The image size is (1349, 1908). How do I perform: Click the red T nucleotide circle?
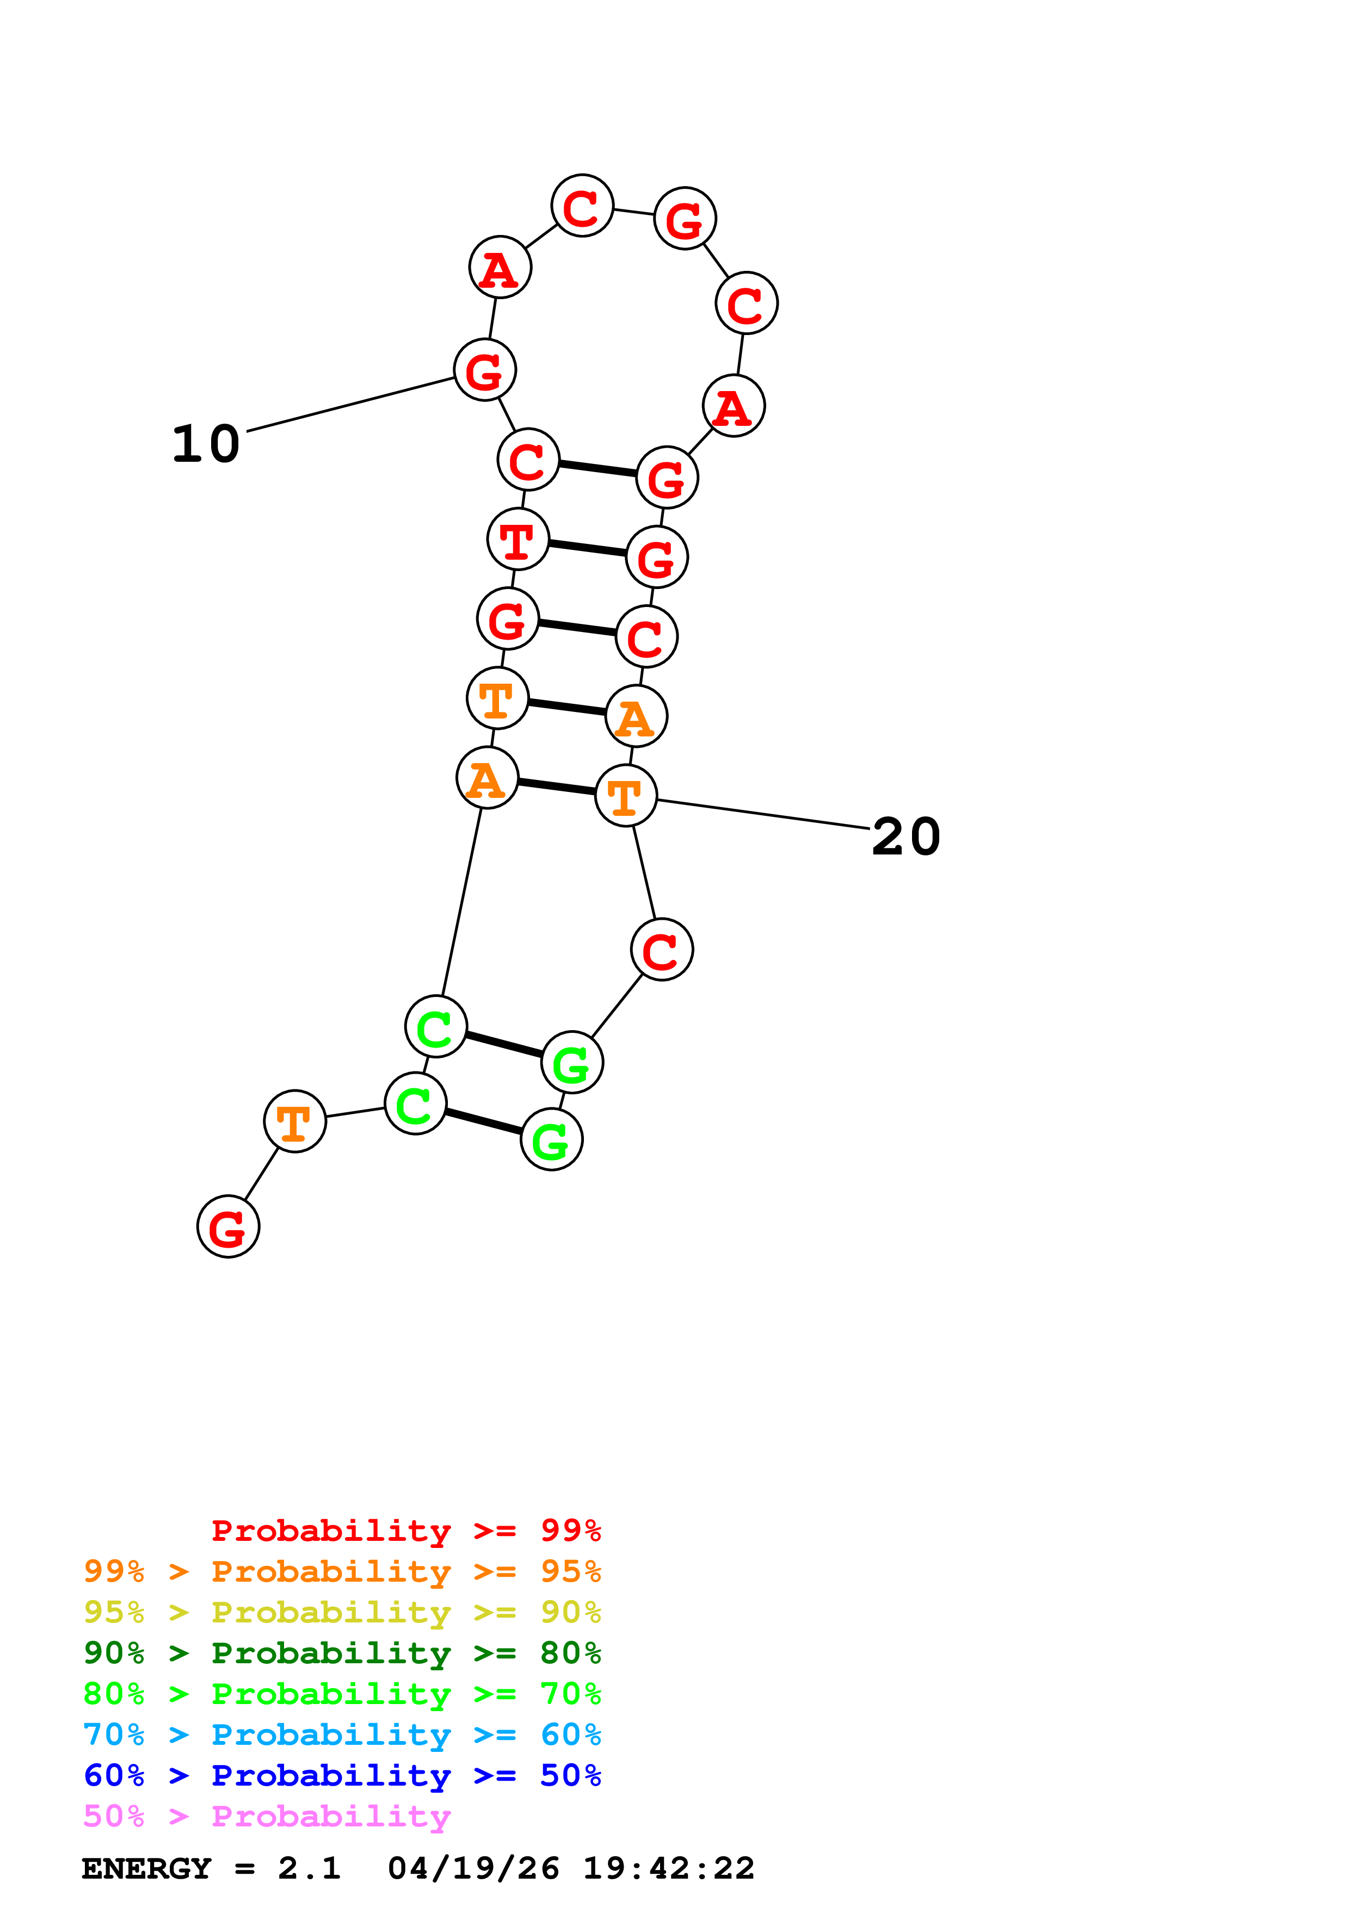518,540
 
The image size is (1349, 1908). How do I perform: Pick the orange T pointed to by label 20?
626,796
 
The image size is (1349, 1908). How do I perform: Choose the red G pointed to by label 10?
484,370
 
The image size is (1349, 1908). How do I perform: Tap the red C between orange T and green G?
662,949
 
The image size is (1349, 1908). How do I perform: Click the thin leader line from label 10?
349,405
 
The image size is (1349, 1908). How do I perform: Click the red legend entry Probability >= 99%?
405,1530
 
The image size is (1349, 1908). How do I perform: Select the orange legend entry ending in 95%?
342,1571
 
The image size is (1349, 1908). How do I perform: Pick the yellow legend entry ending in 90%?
342,1612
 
